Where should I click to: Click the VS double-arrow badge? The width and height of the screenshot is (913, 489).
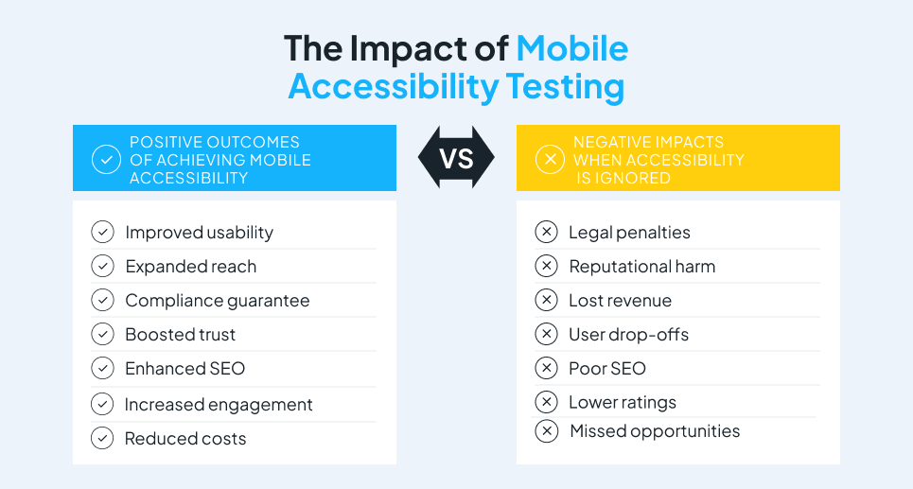(x=456, y=158)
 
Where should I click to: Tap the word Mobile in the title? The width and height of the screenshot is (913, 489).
(x=571, y=48)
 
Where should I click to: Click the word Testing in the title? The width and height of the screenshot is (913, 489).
(x=565, y=87)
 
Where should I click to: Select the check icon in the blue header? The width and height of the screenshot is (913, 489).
(x=107, y=159)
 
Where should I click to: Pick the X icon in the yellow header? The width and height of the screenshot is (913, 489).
(x=551, y=159)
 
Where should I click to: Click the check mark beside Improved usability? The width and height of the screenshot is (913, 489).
(x=102, y=232)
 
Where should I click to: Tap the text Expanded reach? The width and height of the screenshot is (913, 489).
(x=191, y=267)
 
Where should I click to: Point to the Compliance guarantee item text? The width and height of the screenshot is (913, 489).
(x=218, y=301)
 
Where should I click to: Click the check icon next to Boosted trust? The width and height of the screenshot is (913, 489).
(x=102, y=334)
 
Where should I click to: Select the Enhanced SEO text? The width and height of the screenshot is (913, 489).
(x=185, y=369)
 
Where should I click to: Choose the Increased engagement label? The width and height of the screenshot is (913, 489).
(x=219, y=405)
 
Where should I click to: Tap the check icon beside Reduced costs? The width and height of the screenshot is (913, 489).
(x=102, y=438)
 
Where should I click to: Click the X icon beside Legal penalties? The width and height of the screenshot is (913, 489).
(x=546, y=232)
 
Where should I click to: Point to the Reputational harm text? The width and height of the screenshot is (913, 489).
(x=642, y=267)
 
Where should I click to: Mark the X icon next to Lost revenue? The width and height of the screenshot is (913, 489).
(x=546, y=300)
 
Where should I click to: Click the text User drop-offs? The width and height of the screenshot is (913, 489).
(x=629, y=335)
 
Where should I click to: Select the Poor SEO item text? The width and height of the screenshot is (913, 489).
(x=607, y=369)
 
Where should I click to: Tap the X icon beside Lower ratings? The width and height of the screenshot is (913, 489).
(x=546, y=402)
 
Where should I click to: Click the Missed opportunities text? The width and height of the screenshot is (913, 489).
(x=655, y=430)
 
